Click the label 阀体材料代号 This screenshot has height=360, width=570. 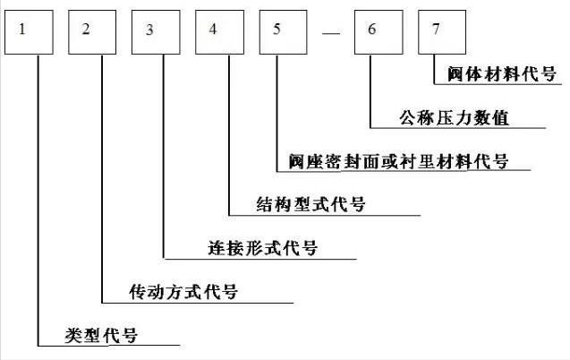pos(502,74)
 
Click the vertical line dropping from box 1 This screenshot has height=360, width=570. pos(38,197)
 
